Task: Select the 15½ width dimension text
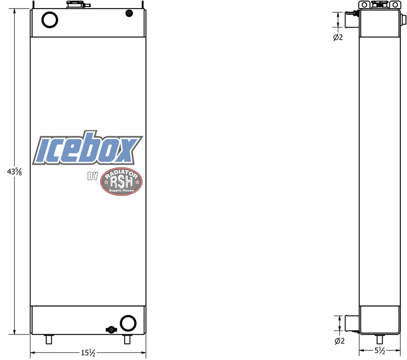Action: click(x=88, y=352)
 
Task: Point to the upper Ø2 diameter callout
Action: click(x=338, y=37)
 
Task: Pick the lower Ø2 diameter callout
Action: click(x=338, y=341)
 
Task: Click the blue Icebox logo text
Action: click(x=88, y=148)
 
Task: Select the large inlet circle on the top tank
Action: click(x=49, y=19)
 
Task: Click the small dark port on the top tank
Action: click(x=129, y=14)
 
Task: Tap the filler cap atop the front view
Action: click(x=74, y=5)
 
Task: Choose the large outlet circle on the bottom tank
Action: click(x=127, y=322)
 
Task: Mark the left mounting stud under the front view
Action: click(x=49, y=340)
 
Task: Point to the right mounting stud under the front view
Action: click(x=127, y=340)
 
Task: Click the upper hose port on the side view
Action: click(x=352, y=20)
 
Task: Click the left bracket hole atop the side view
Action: click(x=364, y=5)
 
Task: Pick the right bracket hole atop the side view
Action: click(x=393, y=5)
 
